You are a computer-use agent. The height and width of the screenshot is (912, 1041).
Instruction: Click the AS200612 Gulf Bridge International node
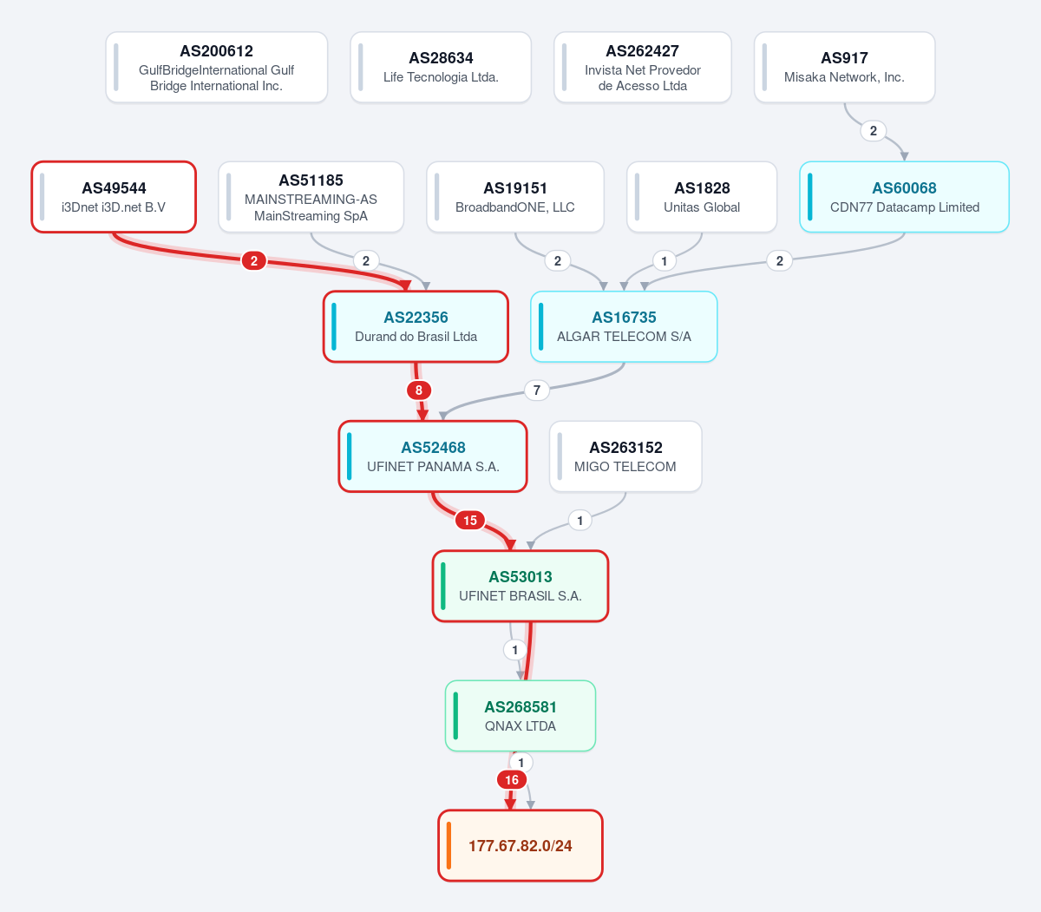tap(216, 67)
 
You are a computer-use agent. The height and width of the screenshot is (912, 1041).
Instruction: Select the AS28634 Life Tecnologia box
tap(441, 67)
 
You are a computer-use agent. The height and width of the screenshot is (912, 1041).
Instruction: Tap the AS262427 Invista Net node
tap(642, 67)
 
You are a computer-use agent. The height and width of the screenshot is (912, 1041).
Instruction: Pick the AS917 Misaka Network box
tap(844, 67)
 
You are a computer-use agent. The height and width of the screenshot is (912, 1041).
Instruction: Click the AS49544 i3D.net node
tap(114, 197)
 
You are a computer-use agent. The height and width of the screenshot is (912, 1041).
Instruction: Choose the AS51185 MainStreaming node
tap(311, 197)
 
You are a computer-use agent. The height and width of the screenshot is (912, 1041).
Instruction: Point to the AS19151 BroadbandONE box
tap(515, 197)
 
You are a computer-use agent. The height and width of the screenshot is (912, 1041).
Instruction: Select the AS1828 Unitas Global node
tap(702, 197)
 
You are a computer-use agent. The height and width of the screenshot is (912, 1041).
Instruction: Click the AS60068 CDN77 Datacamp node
tap(904, 197)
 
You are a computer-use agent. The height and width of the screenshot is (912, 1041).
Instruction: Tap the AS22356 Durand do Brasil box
tap(416, 327)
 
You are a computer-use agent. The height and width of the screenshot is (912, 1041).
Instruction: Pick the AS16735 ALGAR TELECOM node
tap(624, 327)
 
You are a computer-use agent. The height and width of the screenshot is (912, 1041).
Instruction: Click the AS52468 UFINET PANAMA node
tap(433, 456)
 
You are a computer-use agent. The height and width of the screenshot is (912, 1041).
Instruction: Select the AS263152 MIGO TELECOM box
tap(625, 456)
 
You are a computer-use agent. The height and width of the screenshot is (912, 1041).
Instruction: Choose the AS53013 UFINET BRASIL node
tap(520, 586)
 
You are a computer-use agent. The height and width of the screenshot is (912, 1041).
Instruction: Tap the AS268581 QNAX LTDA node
tap(520, 716)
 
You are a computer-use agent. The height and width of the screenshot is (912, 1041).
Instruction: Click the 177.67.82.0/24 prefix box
tap(520, 845)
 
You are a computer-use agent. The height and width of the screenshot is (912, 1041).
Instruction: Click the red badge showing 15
tap(469, 520)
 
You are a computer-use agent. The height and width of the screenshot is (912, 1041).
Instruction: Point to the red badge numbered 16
tap(511, 780)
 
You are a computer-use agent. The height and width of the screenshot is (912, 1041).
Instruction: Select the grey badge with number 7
tap(536, 390)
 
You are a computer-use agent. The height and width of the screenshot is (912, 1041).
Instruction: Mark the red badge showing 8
tap(419, 390)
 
